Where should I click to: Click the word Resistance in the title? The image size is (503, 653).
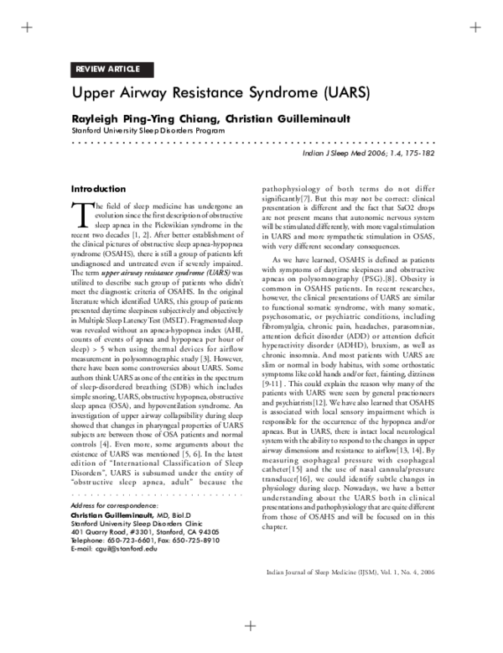pos(205,91)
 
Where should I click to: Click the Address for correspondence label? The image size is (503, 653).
pos(115,507)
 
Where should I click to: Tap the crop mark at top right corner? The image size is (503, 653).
pos(476,27)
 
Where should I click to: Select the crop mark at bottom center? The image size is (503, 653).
pos(250,625)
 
